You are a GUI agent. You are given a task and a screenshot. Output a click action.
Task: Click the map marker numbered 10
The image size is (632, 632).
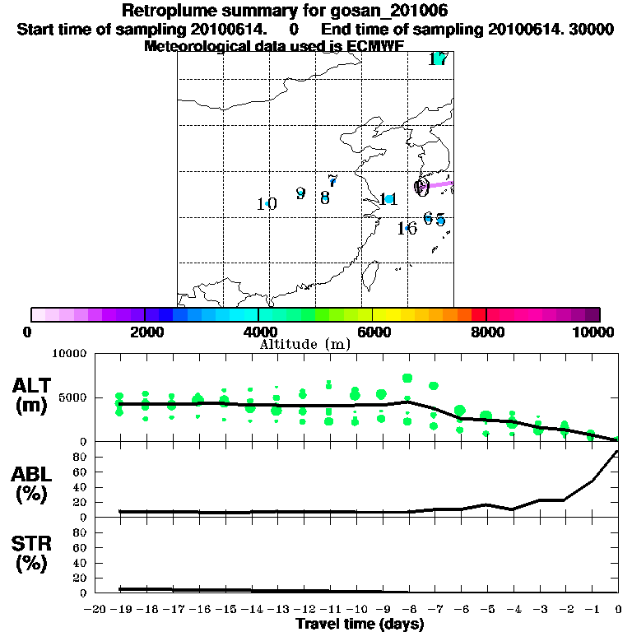click(x=266, y=204)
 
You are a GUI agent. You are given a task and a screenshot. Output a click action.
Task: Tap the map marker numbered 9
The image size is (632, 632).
click(x=300, y=194)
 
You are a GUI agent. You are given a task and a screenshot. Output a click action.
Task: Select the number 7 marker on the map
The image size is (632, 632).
click(x=332, y=181)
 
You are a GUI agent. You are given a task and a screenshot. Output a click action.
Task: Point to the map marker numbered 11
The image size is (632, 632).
click(x=388, y=199)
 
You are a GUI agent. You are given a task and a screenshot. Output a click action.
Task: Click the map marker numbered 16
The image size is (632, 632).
click(x=407, y=229)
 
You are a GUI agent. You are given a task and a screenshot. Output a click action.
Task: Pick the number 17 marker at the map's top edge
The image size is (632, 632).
click(x=438, y=59)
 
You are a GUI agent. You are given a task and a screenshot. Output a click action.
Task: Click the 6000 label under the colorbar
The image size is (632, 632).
click(x=373, y=332)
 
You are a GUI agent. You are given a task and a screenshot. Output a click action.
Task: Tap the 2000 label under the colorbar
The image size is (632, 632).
click(x=145, y=332)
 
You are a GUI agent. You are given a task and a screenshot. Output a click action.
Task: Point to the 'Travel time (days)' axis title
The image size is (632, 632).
click(x=360, y=625)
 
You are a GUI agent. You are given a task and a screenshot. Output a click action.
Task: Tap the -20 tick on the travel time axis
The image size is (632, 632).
click(x=95, y=610)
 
